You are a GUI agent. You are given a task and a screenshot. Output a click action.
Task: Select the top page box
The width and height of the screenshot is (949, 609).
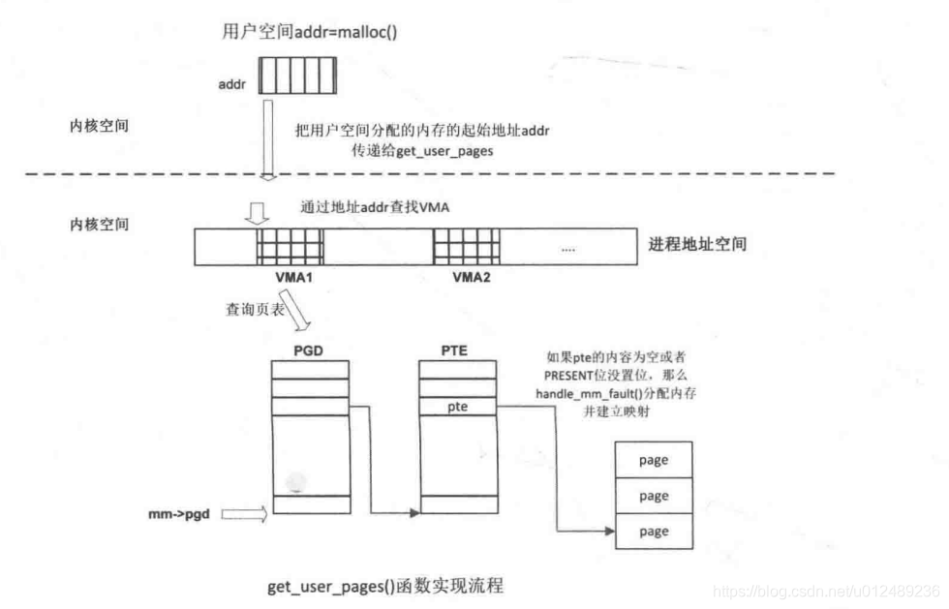(654, 460)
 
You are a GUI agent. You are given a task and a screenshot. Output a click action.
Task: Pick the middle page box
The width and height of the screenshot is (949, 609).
(654, 496)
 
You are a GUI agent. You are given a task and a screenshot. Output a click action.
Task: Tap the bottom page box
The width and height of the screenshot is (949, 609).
(654, 531)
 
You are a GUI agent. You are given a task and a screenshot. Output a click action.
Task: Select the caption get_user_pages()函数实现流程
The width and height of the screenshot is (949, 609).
(384, 587)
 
